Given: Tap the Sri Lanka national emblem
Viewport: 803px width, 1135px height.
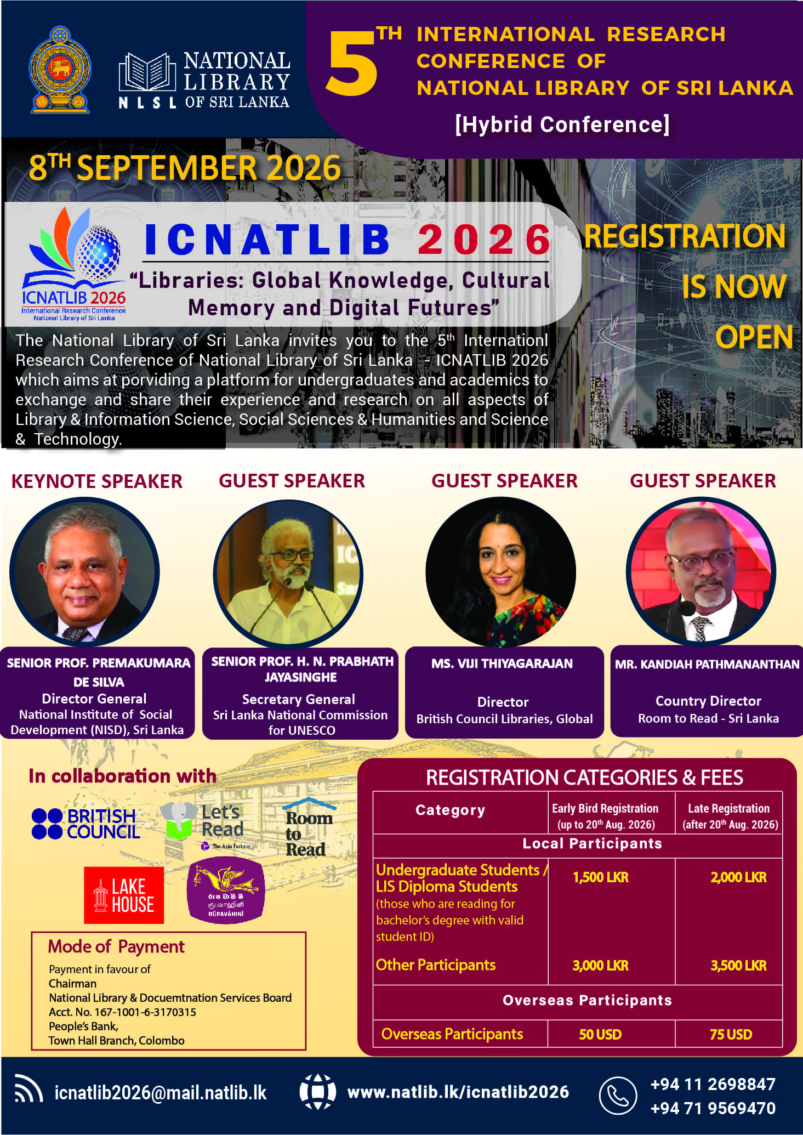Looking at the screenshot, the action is [60, 70].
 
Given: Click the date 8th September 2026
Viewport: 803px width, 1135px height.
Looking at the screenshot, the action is [185, 167].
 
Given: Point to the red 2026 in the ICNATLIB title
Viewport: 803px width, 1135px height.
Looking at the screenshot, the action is [484, 240].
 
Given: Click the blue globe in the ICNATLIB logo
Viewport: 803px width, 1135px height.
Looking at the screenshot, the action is [99, 251].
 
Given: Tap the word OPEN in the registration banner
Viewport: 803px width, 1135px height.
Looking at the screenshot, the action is [754, 337].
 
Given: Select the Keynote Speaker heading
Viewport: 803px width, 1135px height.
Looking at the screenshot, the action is [97, 481].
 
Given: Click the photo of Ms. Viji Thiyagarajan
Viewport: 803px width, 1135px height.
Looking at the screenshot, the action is [501, 572].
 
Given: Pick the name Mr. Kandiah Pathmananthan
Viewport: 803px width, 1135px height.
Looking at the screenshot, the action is [707, 665].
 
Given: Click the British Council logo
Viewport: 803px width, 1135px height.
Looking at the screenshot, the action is [86, 824].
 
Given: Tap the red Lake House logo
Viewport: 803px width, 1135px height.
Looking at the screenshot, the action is [124, 895].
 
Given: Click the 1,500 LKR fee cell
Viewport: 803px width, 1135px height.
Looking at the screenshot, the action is [601, 877].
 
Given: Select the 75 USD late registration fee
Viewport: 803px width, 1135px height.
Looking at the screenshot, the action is [731, 1035].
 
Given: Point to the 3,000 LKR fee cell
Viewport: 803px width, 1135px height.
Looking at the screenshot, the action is [601, 966].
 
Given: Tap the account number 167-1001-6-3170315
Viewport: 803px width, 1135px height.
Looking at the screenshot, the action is [145, 1012].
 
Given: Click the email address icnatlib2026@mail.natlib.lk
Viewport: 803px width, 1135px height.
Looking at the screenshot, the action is [161, 1093].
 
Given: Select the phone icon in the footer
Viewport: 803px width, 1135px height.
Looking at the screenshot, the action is [618, 1096].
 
